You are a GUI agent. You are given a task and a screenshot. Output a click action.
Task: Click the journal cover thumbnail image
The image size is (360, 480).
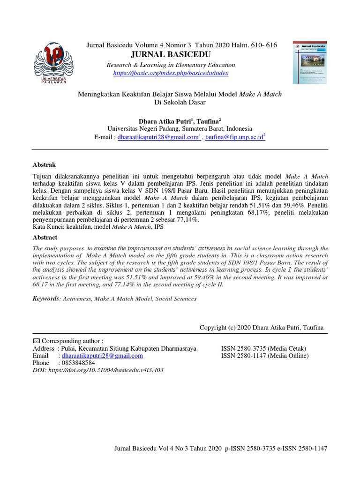click(311, 62)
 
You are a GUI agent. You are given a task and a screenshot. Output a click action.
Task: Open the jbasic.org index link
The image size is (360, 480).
click(171, 73)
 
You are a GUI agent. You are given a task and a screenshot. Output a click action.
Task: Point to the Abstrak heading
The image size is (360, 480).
click(44, 165)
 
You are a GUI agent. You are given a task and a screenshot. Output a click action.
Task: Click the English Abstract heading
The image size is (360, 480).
click(45, 238)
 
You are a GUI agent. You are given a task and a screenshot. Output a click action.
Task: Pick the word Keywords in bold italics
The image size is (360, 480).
click(46, 298)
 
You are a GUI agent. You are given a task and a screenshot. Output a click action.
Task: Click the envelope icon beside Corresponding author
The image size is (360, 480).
click(36, 341)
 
